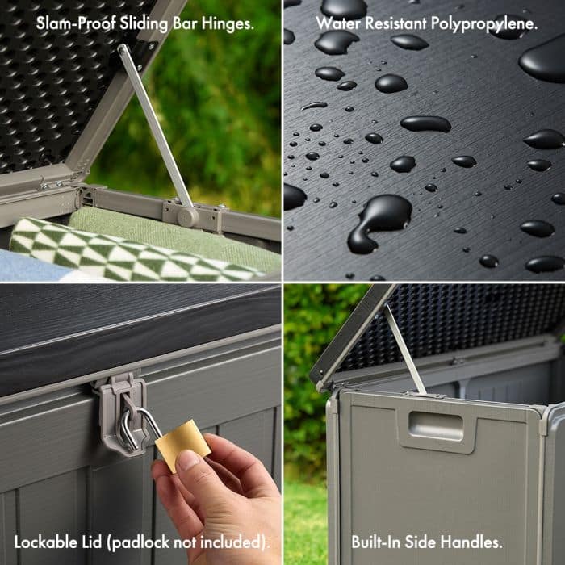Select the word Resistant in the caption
pyautogui.click(x=396, y=23)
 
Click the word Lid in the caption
pyautogui.click(x=94, y=542)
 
